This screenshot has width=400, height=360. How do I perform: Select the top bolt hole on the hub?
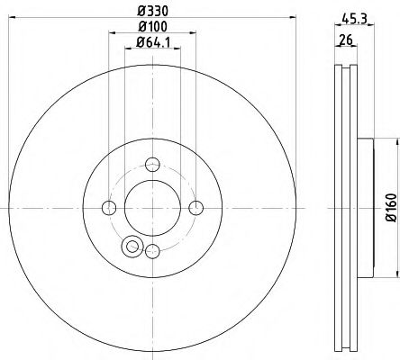(152, 164)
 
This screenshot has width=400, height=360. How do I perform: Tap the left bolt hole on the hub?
(110, 208)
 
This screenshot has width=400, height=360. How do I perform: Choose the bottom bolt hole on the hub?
(152, 251)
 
